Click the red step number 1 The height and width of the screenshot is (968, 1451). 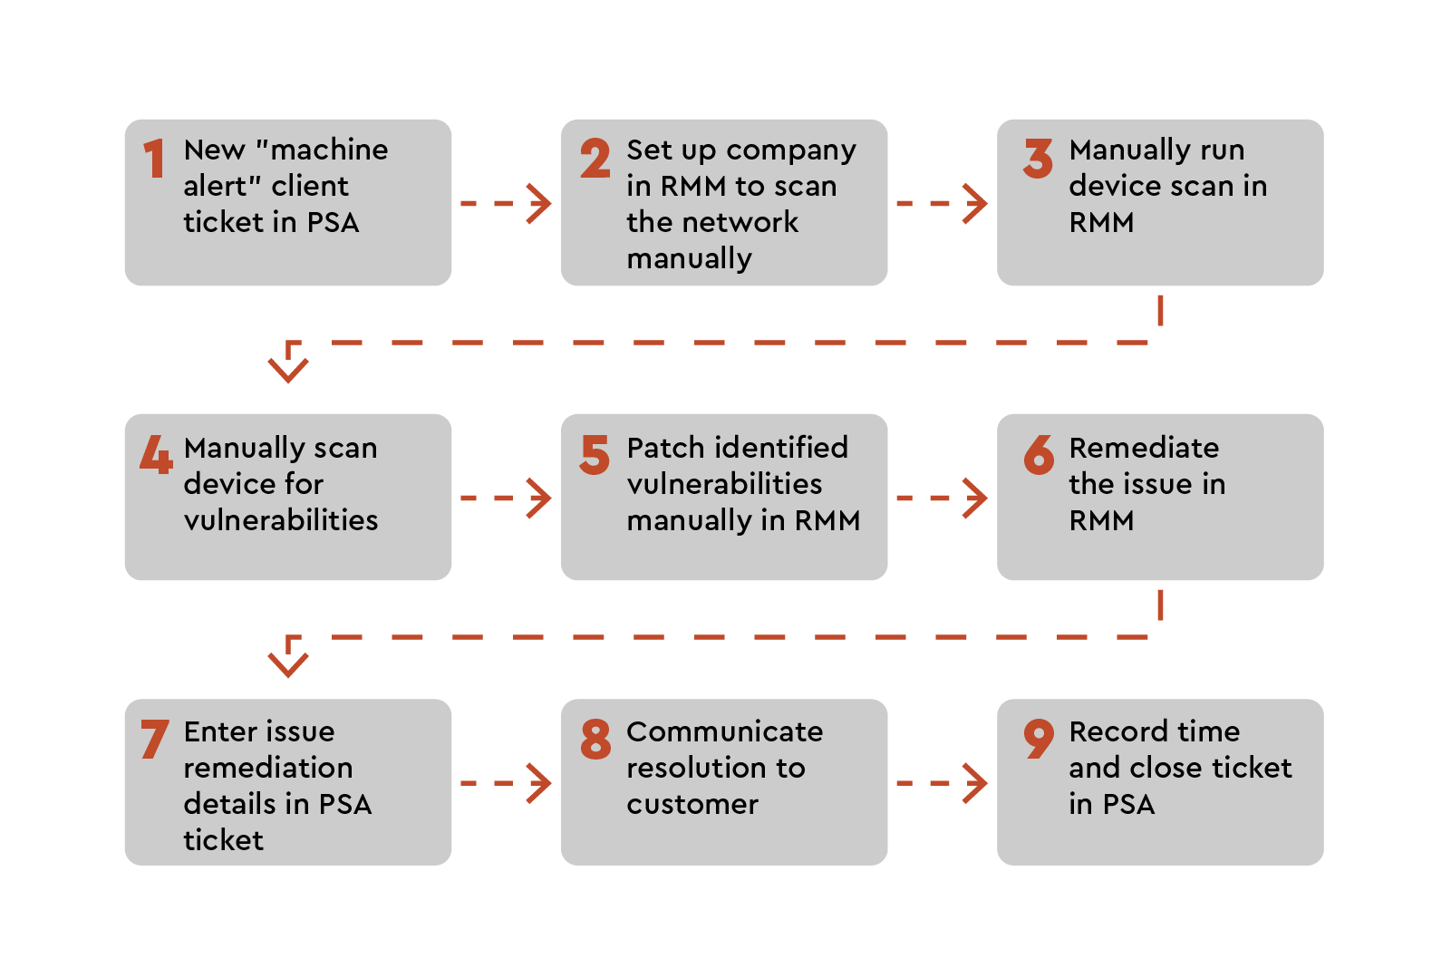click(155, 159)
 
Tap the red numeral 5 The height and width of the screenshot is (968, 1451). click(595, 454)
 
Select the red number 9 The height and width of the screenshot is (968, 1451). click(1039, 738)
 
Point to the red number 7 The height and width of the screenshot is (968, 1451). click(154, 739)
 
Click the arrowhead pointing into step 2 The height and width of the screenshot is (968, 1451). click(540, 204)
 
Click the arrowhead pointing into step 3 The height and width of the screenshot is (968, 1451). click(976, 204)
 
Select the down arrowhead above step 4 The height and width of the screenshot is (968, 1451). click(288, 366)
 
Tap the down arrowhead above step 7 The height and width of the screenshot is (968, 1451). click(288, 661)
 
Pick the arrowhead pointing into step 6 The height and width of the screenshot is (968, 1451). click(976, 499)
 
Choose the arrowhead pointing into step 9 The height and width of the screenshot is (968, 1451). click(976, 783)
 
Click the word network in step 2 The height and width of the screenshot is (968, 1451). click(742, 222)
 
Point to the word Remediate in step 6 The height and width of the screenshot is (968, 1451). click(1144, 448)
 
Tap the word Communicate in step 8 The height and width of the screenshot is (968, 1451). click(724, 731)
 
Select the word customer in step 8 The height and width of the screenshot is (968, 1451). click(692, 804)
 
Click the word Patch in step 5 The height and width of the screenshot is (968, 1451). click(665, 448)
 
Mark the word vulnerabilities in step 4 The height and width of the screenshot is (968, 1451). click(281, 520)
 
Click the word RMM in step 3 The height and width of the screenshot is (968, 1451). click(1101, 222)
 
